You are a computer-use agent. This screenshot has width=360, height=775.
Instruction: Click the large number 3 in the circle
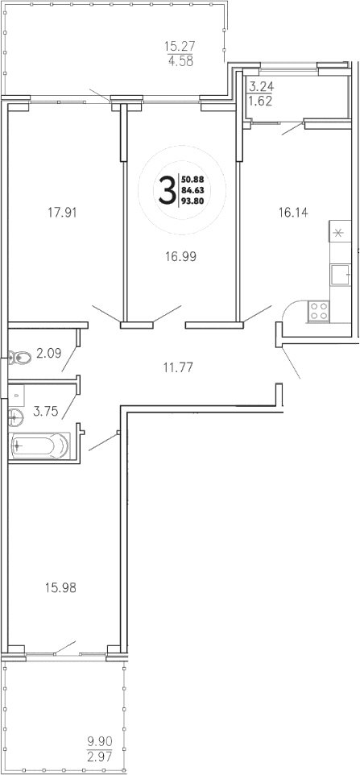pyautogui.click(x=167, y=191)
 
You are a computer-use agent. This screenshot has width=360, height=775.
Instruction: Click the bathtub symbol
pyautogui.click(x=39, y=445)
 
